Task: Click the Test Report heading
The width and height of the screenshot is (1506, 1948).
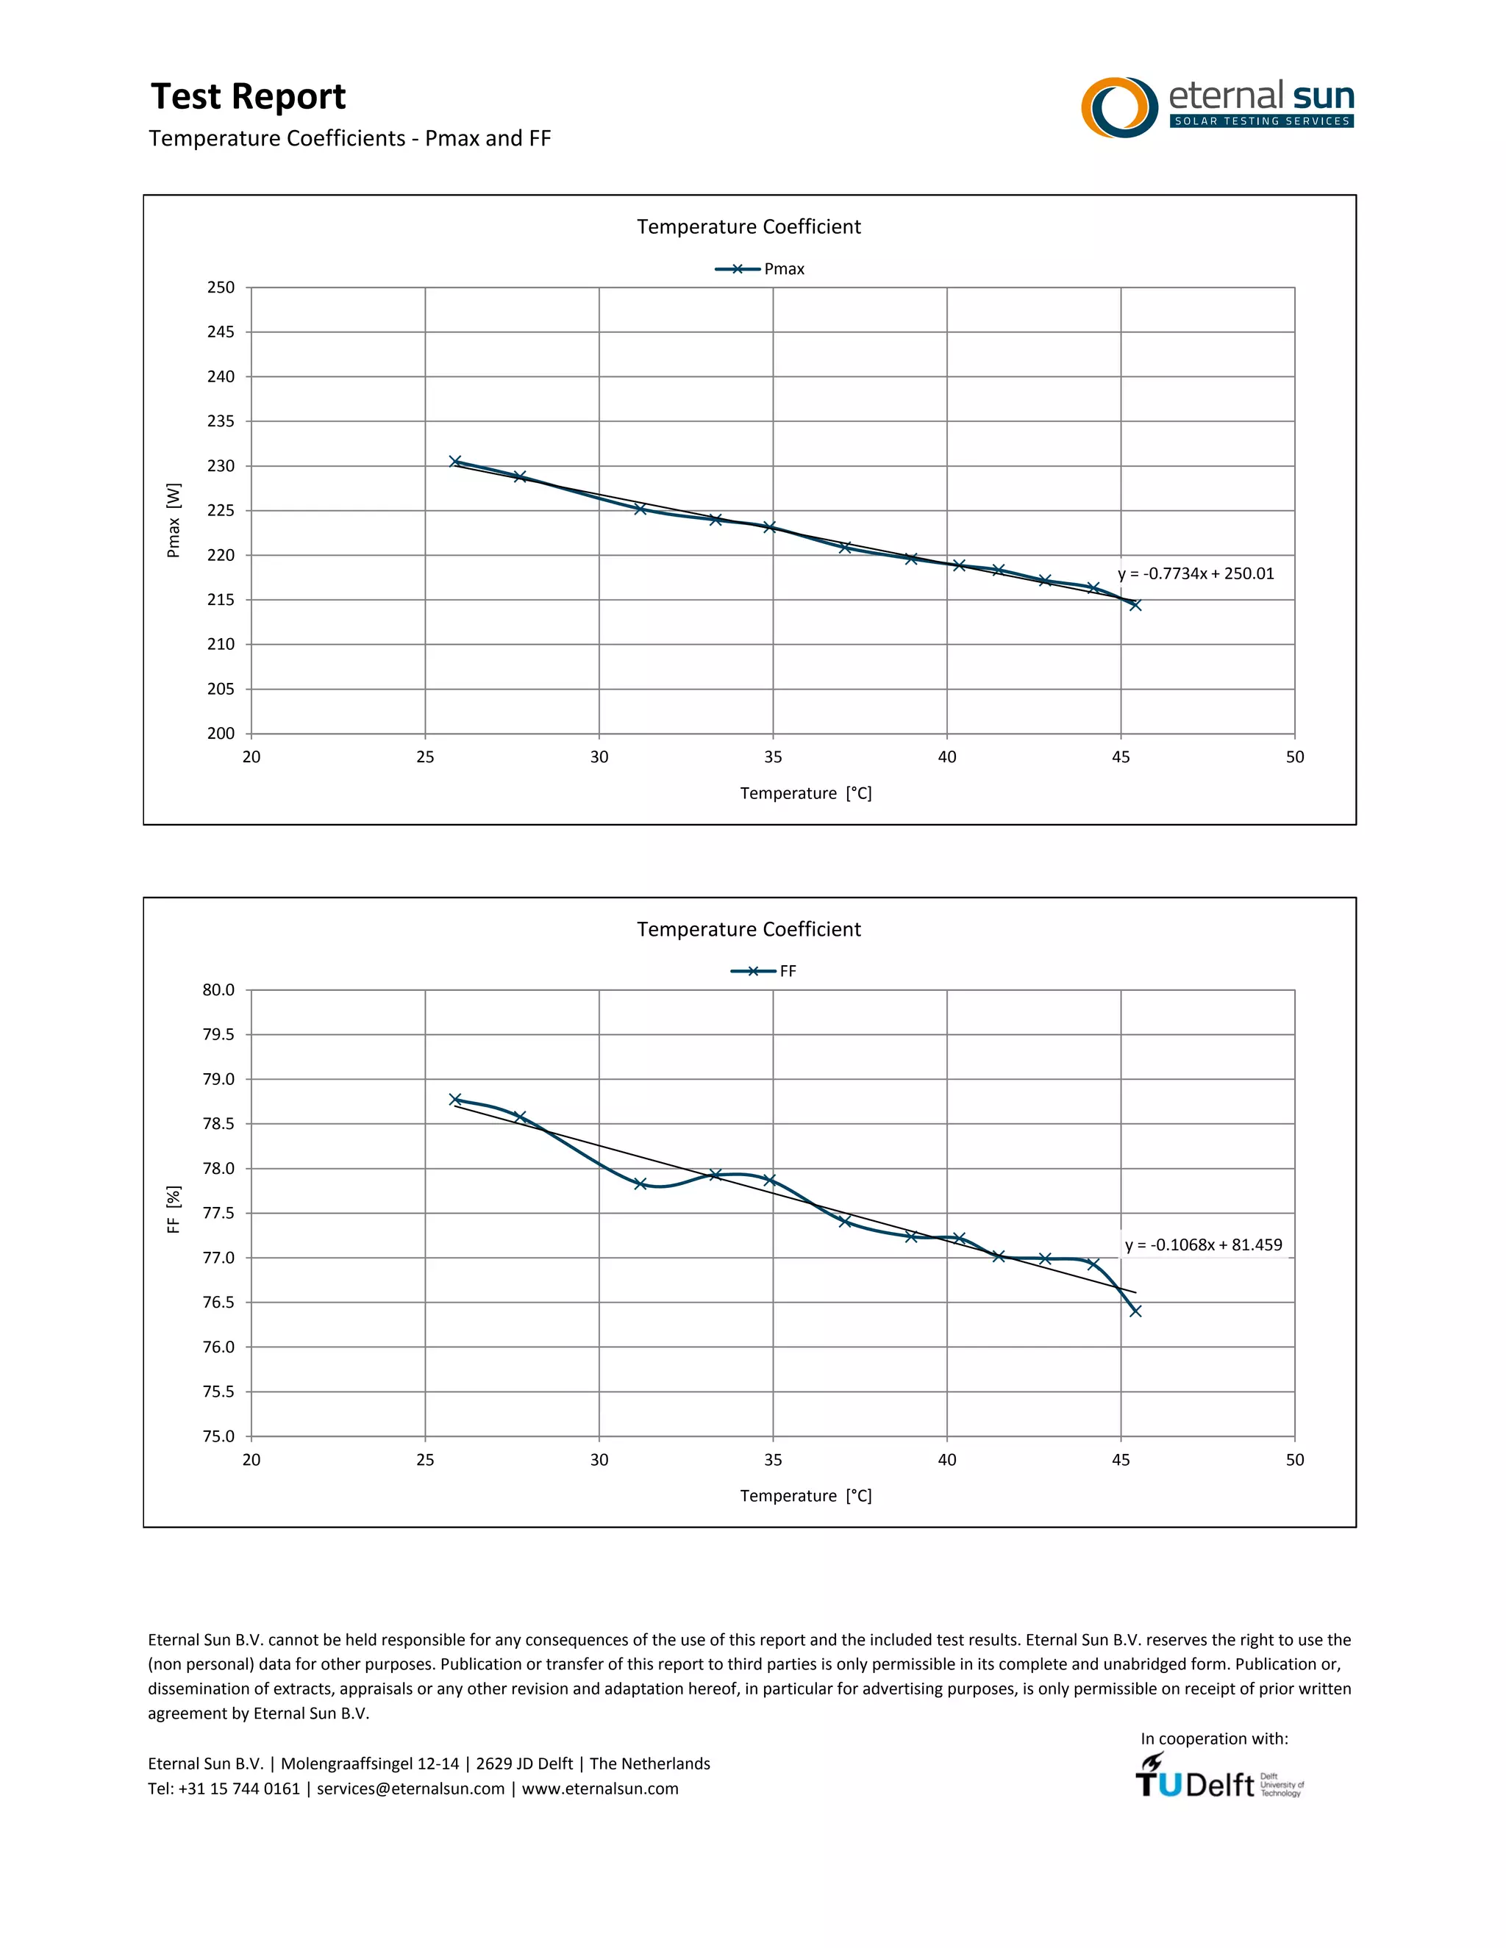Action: point(248,96)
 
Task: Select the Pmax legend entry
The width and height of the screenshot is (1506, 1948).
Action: point(760,269)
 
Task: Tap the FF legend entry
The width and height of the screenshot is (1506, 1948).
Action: point(765,971)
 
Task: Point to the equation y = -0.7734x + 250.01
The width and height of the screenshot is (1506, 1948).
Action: point(1196,573)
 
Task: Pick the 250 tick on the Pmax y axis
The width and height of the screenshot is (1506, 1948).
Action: point(221,287)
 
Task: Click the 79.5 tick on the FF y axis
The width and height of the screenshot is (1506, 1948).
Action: point(218,1035)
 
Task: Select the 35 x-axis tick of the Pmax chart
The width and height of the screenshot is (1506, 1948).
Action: point(773,757)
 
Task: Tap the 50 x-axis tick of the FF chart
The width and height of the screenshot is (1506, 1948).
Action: point(1294,1460)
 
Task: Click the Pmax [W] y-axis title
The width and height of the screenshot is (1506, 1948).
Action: point(174,520)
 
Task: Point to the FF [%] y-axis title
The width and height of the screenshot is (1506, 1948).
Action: point(174,1209)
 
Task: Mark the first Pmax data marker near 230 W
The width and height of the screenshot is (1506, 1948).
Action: point(455,461)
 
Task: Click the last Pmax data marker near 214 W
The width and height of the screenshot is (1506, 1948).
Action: point(1135,605)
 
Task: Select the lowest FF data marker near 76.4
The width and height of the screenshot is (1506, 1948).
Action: point(1135,1310)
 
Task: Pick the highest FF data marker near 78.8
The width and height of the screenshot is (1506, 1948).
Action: point(455,1100)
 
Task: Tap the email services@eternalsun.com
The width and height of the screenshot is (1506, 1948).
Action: point(410,1788)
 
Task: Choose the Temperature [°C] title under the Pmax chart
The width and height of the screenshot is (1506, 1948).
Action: point(806,793)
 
